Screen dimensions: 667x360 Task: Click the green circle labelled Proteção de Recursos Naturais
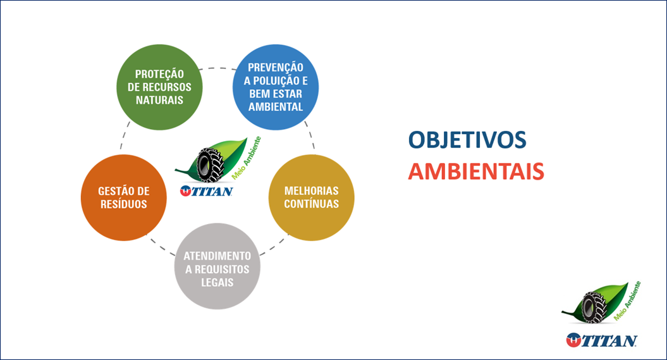coord(159,87)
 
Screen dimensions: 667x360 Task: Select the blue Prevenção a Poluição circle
coord(276,87)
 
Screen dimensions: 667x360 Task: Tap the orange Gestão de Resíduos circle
coord(124,198)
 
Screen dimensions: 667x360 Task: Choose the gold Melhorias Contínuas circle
coord(312,198)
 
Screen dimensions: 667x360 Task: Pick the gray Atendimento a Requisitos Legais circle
coord(217,266)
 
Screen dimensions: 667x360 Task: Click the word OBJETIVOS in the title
coord(467,140)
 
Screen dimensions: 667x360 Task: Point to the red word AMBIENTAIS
coord(476,171)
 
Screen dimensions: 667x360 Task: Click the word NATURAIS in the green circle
coord(159,101)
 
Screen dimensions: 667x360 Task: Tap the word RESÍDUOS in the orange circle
coord(124,204)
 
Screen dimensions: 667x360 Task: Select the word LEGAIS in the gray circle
coord(217,283)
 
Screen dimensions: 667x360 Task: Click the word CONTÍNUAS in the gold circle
coord(312,204)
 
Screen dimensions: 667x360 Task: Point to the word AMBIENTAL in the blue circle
coord(276,107)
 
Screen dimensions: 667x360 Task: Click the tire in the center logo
coord(210,165)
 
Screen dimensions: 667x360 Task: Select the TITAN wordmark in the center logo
coord(206,191)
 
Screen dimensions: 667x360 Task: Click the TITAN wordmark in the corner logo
coord(601,340)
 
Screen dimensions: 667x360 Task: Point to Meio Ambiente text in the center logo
coord(247,158)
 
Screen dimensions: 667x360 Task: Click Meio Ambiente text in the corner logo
coord(627,301)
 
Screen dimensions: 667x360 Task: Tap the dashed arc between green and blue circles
coord(217,68)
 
